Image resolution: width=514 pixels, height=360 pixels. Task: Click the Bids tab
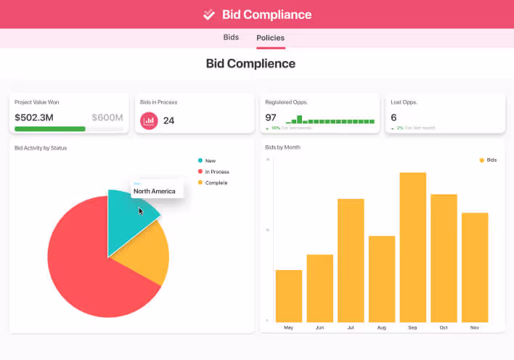231,37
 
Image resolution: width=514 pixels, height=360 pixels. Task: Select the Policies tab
270,38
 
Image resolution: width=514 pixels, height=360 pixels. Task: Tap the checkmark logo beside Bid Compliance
209,15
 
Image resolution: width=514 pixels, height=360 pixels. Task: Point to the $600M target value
107,118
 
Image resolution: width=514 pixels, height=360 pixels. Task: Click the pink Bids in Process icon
149,120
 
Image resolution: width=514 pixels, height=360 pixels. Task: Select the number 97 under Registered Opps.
271,118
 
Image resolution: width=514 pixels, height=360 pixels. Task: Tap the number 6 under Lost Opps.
393,118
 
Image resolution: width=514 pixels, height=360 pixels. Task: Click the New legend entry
211,160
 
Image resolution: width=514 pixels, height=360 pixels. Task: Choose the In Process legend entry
216,172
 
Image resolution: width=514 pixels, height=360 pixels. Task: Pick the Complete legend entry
216,183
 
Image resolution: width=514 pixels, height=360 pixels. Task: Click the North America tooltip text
154,192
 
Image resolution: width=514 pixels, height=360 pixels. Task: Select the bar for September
412,247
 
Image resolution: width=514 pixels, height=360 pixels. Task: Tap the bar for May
288,295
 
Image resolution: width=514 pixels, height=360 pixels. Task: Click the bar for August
381,279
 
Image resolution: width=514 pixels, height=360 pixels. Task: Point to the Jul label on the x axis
351,328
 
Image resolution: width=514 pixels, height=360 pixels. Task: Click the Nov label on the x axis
475,328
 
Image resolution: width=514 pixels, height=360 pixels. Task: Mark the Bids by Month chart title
283,147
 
